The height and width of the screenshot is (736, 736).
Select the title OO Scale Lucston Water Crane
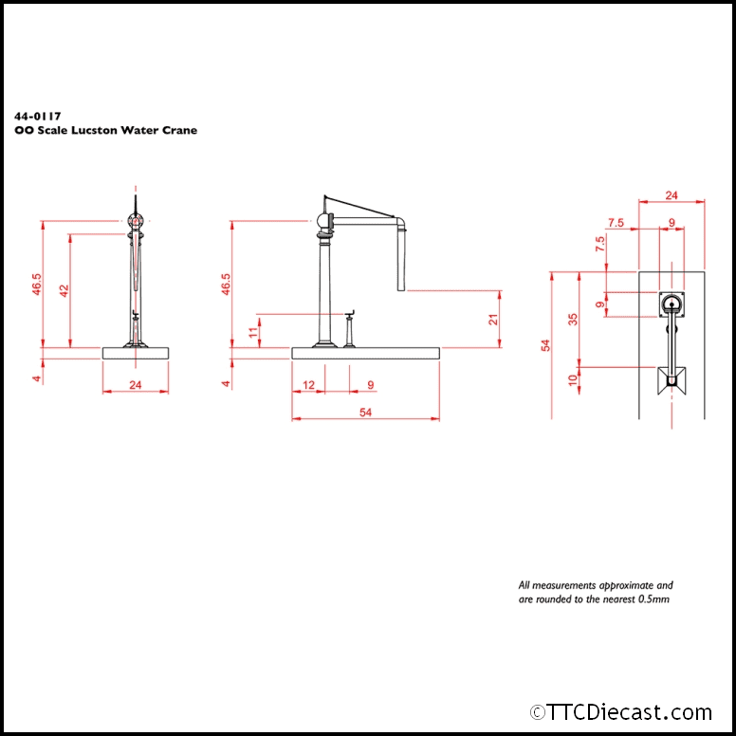[106, 130]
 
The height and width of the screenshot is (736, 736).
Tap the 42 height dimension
[64, 290]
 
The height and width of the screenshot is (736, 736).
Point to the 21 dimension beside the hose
[493, 320]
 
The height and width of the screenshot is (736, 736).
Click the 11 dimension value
[252, 331]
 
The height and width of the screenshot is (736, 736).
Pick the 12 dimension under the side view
[308, 385]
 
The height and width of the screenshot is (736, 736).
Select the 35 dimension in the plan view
[572, 319]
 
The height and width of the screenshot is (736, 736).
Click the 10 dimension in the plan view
[572, 379]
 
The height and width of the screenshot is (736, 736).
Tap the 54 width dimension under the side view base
[366, 411]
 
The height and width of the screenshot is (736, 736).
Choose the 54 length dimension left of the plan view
[544, 345]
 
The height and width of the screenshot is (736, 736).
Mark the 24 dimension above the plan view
[672, 195]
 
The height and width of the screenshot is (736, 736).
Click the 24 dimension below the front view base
[135, 385]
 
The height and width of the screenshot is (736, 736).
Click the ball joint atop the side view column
[324, 224]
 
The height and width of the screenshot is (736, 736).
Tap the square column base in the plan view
[672, 304]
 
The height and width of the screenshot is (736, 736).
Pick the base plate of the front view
[136, 353]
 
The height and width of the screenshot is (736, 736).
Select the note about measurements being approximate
[596, 593]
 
